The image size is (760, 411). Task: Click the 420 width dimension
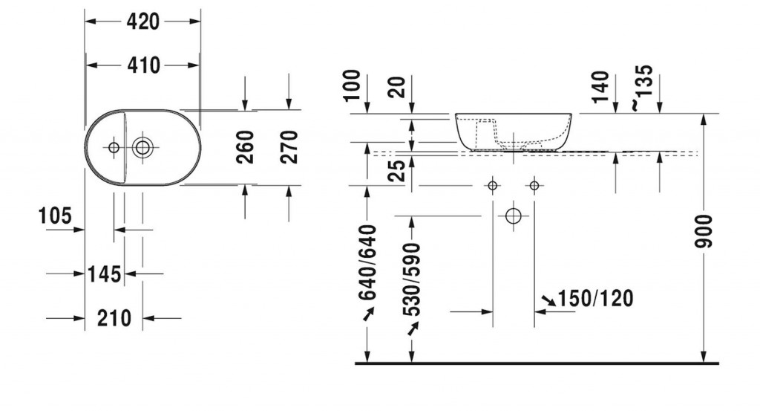[143, 22]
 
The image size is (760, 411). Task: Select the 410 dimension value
[143, 65]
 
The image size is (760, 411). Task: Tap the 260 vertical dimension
[245, 147]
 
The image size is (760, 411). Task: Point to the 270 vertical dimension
[289, 147]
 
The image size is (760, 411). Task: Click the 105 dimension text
[55, 216]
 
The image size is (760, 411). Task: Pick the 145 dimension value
[104, 274]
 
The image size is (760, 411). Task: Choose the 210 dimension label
[114, 318]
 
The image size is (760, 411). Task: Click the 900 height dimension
[704, 231]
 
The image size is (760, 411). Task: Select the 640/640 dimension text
[367, 262]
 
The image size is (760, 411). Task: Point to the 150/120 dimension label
[596, 299]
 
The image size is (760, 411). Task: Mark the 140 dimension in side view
[600, 87]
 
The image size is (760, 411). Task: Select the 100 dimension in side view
[353, 85]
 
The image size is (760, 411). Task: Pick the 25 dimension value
[398, 171]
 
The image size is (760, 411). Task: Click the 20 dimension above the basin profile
[398, 87]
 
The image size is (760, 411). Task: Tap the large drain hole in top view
[142, 147]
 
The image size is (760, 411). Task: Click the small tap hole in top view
[114, 147]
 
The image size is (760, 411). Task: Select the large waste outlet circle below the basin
[514, 216]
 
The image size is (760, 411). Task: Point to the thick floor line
[537, 363]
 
